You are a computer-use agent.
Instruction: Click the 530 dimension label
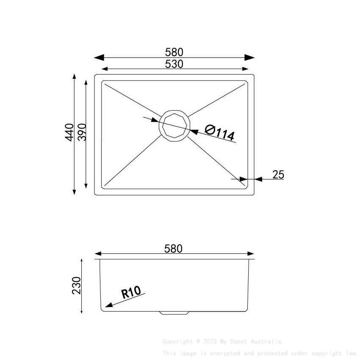point(174,64)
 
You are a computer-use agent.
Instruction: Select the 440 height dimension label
point(69,132)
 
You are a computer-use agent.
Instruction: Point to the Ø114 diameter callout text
point(219,133)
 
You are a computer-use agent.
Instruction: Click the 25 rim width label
point(278,174)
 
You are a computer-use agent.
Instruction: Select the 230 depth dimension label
point(76,286)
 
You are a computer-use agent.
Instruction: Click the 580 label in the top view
point(174,52)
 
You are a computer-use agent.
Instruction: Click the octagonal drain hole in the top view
point(174,125)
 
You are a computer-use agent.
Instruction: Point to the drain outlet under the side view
point(174,313)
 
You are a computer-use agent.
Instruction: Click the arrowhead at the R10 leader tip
point(109,305)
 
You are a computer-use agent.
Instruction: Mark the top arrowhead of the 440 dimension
point(74,77)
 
